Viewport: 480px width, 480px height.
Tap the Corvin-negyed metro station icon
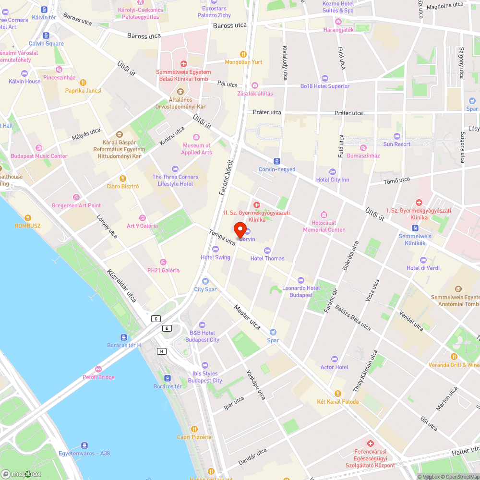point(277,161)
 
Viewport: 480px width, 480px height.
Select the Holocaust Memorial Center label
point(324,227)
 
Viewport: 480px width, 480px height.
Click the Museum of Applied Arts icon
point(196,137)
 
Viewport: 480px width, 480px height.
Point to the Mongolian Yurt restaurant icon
point(243,54)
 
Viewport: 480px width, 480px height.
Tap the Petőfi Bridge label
point(98,377)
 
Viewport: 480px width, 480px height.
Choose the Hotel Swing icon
point(216,249)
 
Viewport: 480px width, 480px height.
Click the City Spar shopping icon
point(205,281)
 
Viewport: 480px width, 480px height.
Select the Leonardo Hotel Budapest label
point(301,291)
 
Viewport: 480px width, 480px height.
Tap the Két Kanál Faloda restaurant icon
point(337,393)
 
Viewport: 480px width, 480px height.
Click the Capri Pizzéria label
point(194,437)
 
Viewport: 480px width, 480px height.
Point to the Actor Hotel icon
point(335,359)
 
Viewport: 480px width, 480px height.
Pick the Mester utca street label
point(247,317)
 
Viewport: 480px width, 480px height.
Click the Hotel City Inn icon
point(333,172)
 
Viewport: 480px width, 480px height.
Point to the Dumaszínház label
point(363,156)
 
